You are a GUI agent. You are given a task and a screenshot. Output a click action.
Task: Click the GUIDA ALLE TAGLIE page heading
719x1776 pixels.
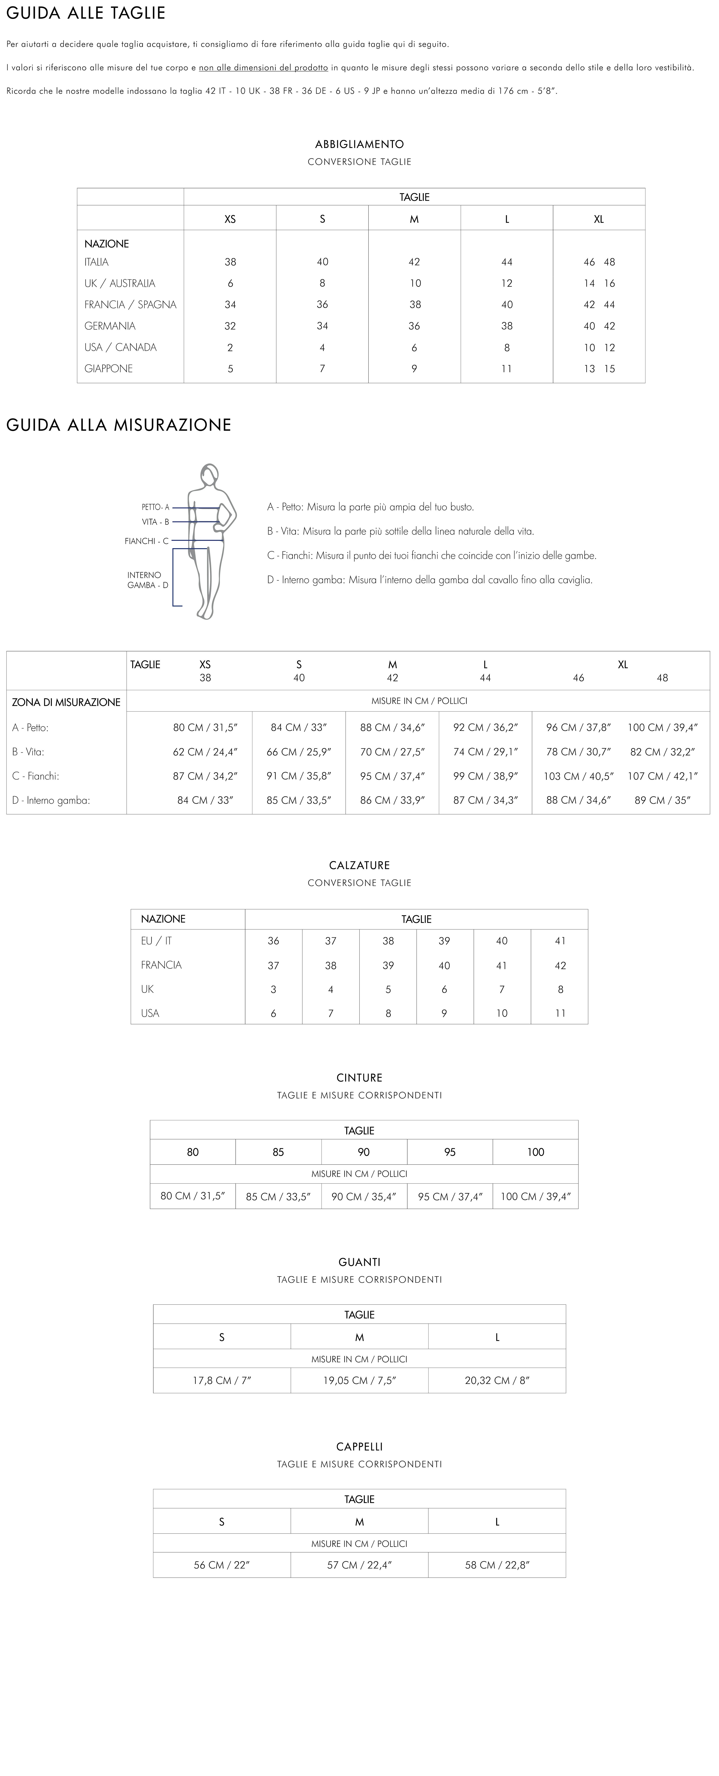tap(85, 13)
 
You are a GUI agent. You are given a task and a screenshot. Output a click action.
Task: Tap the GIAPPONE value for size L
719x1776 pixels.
tap(507, 369)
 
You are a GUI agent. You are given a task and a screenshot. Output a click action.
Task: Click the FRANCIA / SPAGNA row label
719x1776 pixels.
tap(130, 305)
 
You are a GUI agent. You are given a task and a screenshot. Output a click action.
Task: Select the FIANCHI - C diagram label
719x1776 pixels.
tap(146, 541)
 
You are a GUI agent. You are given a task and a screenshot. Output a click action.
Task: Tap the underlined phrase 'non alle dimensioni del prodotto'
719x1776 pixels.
tap(263, 68)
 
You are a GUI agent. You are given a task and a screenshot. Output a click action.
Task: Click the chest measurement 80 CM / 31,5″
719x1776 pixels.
tap(205, 727)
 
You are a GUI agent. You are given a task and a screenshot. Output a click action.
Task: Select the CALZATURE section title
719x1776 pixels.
tap(359, 865)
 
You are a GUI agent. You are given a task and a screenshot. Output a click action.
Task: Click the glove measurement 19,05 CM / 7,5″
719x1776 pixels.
tap(359, 1380)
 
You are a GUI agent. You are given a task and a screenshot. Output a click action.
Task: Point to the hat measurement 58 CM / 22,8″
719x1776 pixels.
tap(497, 1565)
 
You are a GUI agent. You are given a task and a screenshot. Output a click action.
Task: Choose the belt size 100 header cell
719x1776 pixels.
tap(536, 1152)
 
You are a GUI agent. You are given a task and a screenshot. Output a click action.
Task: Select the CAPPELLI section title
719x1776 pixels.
tap(359, 1446)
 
